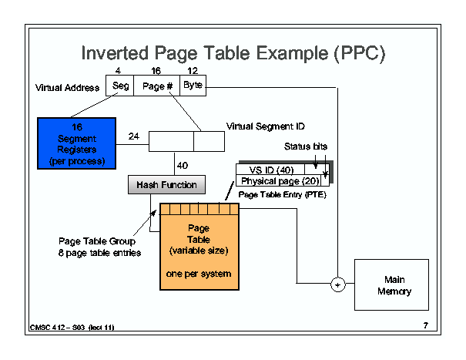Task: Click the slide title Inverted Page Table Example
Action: [233, 54]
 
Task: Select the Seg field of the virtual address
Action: [120, 86]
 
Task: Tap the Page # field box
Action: [156, 86]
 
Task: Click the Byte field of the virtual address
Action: [193, 86]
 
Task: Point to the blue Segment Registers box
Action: [76, 143]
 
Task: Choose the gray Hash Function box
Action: [166, 185]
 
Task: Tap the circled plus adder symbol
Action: [337, 285]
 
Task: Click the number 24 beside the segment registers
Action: [133, 136]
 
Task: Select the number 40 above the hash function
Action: [183, 165]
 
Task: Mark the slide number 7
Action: [425, 325]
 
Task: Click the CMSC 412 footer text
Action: [72, 328]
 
